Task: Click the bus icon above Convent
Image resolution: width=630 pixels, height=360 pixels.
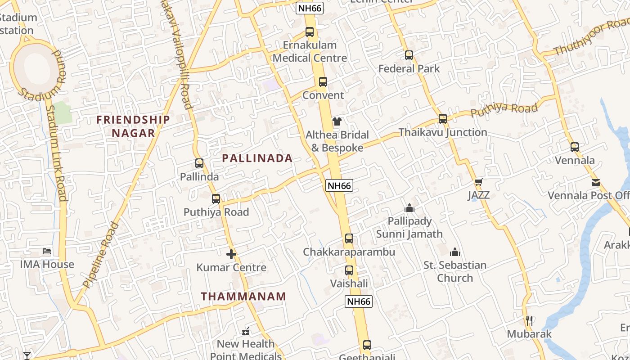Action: tap(323, 82)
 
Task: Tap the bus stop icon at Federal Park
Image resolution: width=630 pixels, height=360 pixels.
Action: tap(409, 55)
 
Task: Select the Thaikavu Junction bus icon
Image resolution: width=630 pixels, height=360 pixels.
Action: tap(443, 119)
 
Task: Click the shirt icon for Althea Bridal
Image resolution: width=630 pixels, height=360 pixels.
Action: tap(337, 121)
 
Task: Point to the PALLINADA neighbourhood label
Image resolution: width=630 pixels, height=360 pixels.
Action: tap(257, 158)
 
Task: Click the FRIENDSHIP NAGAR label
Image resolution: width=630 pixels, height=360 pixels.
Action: tap(133, 126)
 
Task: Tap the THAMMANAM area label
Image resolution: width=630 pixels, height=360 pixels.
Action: tap(243, 296)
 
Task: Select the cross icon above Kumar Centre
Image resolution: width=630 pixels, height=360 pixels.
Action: tap(231, 254)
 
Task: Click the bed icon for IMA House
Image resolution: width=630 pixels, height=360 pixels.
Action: tap(47, 251)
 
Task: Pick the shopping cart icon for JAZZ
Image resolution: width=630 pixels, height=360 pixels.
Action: tap(478, 182)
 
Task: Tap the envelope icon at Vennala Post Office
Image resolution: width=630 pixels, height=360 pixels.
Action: tap(596, 183)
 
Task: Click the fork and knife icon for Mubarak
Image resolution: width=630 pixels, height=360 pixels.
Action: tap(529, 321)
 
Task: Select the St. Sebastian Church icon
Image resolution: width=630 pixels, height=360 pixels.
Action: tap(455, 252)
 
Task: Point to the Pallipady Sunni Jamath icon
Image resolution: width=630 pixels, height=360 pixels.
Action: tap(409, 208)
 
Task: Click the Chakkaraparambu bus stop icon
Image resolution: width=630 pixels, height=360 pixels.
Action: tap(349, 238)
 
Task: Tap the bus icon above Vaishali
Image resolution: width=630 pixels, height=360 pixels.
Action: tap(349, 270)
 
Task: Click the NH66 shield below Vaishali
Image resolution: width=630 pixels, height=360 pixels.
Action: tap(359, 301)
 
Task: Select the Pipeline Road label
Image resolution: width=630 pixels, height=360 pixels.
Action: tap(101, 255)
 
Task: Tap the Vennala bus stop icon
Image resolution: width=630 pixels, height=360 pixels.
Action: tap(575, 147)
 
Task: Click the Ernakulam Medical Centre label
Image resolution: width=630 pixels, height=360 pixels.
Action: tap(310, 51)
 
